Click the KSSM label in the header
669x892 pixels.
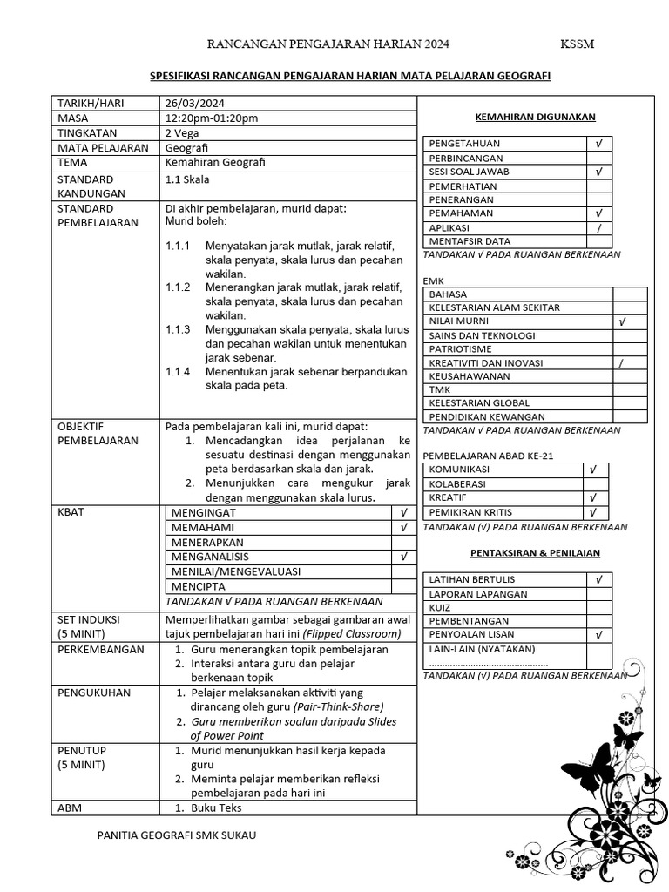pyautogui.click(x=577, y=44)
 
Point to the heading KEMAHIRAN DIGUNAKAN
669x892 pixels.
pyautogui.click(x=535, y=117)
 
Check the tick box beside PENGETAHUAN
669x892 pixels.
pyautogui.click(x=598, y=143)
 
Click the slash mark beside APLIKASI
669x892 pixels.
pyautogui.click(x=598, y=227)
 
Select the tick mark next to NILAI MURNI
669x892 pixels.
pyautogui.click(x=622, y=321)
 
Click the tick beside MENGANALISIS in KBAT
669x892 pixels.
pyautogui.click(x=403, y=556)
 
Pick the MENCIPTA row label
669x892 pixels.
pyautogui.click(x=199, y=586)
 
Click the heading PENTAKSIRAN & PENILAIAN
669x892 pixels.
pyautogui.click(x=535, y=552)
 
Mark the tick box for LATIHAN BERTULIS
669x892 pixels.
pyautogui.click(x=598, y=579)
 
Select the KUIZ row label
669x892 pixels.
pyautogui.click(x=440, y=607)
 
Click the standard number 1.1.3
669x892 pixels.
pyautogui.click(x=178, y=329)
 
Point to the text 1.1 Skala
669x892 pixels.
pyautogui.click(x=187, y=179)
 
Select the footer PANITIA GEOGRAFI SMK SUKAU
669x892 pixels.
pyautogui.click(x=178, y=835)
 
